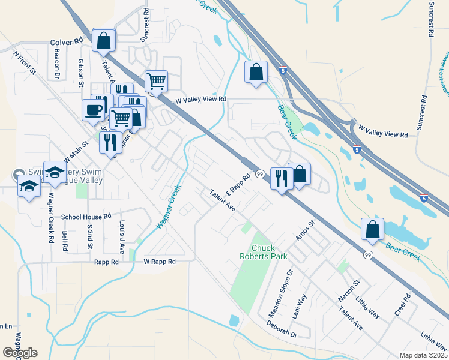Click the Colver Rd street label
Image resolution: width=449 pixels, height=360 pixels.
pyautogui.click(x=67, y=43)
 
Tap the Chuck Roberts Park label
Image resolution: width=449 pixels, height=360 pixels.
pyautogui.click(x=270, y=252)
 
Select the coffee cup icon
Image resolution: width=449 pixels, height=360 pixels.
pyautogui.click(x=94, y=110)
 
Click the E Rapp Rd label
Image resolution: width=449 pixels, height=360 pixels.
pyautogui.click(x=238, y=187)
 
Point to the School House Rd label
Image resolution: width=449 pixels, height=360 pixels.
pyautogui.click(x=86, y=216)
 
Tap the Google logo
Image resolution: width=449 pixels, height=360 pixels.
pyautogui.click(x=20, y=353)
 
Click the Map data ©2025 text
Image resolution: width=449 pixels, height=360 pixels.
pyautogui.click(x=424, y=355)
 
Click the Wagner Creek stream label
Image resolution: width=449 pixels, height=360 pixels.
pyautogui.click(x=169, y=206)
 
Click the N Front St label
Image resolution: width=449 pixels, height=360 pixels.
pyautogui.click(x=25, y=62)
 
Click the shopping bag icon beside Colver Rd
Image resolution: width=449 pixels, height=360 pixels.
pyautogui.click(x=104, y=41)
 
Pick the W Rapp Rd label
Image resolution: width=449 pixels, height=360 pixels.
pyautogui.click(x=160, y=262)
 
